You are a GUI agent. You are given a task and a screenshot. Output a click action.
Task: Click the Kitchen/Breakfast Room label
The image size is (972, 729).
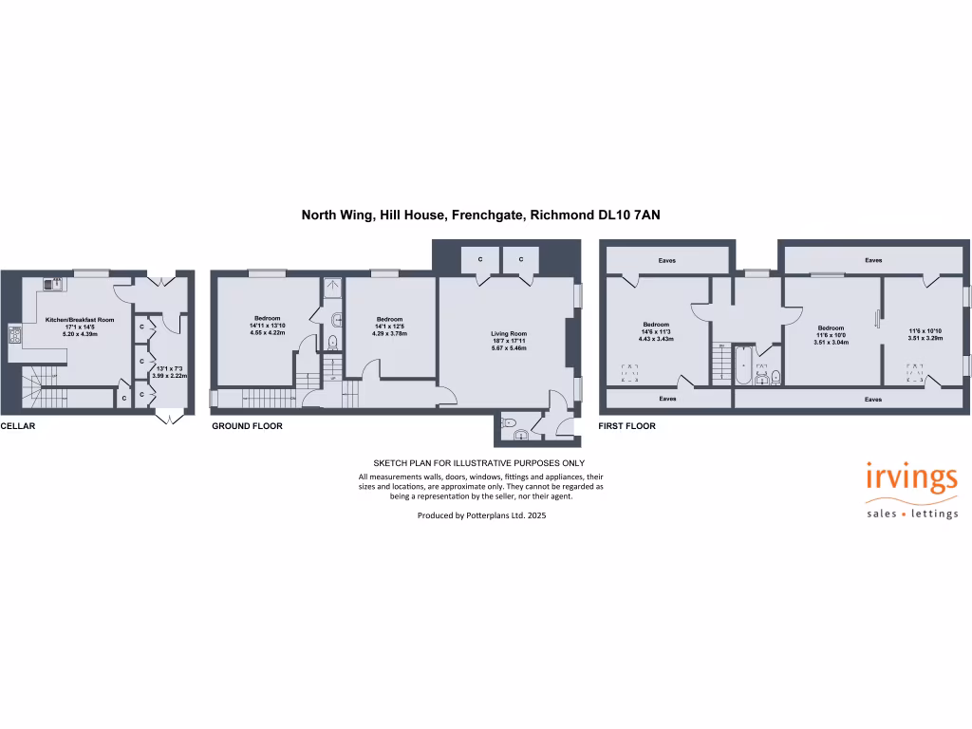[x=80, y=320]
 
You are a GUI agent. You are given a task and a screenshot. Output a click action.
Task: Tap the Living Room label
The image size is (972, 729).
[x=508, y=333]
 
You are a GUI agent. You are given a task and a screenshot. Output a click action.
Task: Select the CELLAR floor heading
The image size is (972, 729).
[x=18, y=426]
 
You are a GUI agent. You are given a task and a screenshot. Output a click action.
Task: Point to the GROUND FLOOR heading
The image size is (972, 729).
[x=247, y=426]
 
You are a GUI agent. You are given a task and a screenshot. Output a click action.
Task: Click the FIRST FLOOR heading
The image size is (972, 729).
[x=626, y=426]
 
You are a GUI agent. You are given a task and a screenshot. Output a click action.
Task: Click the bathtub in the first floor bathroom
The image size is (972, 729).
[x=741, y=365]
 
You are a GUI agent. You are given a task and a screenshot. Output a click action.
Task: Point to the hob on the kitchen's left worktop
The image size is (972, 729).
[x=15, y=333]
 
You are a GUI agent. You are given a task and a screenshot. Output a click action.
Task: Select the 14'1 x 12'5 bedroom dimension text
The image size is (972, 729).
[x=389, y=326]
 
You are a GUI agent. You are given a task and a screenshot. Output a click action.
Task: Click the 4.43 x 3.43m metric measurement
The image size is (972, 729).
[x=656, y=339]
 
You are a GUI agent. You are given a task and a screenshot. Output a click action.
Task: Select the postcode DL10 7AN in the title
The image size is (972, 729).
[x=628, y=215]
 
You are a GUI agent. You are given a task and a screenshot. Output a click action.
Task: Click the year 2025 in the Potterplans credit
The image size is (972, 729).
[x=536, y=515]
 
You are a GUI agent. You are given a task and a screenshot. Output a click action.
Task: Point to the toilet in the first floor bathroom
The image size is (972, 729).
[x=776, y=377]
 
